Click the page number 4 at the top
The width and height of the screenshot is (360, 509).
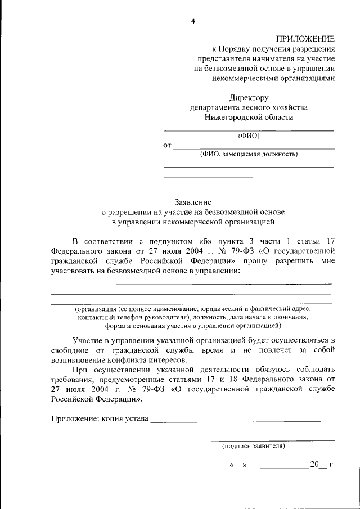[192, 21]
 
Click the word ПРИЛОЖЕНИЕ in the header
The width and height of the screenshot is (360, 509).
[305, 38]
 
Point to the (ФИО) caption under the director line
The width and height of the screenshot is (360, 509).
[249, 135]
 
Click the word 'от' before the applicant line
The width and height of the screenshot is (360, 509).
[167, 146]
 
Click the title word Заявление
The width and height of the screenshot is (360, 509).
[192, 201]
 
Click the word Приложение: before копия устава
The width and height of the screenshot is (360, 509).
[76, 418]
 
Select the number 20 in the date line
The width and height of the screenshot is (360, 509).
[314, 465]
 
